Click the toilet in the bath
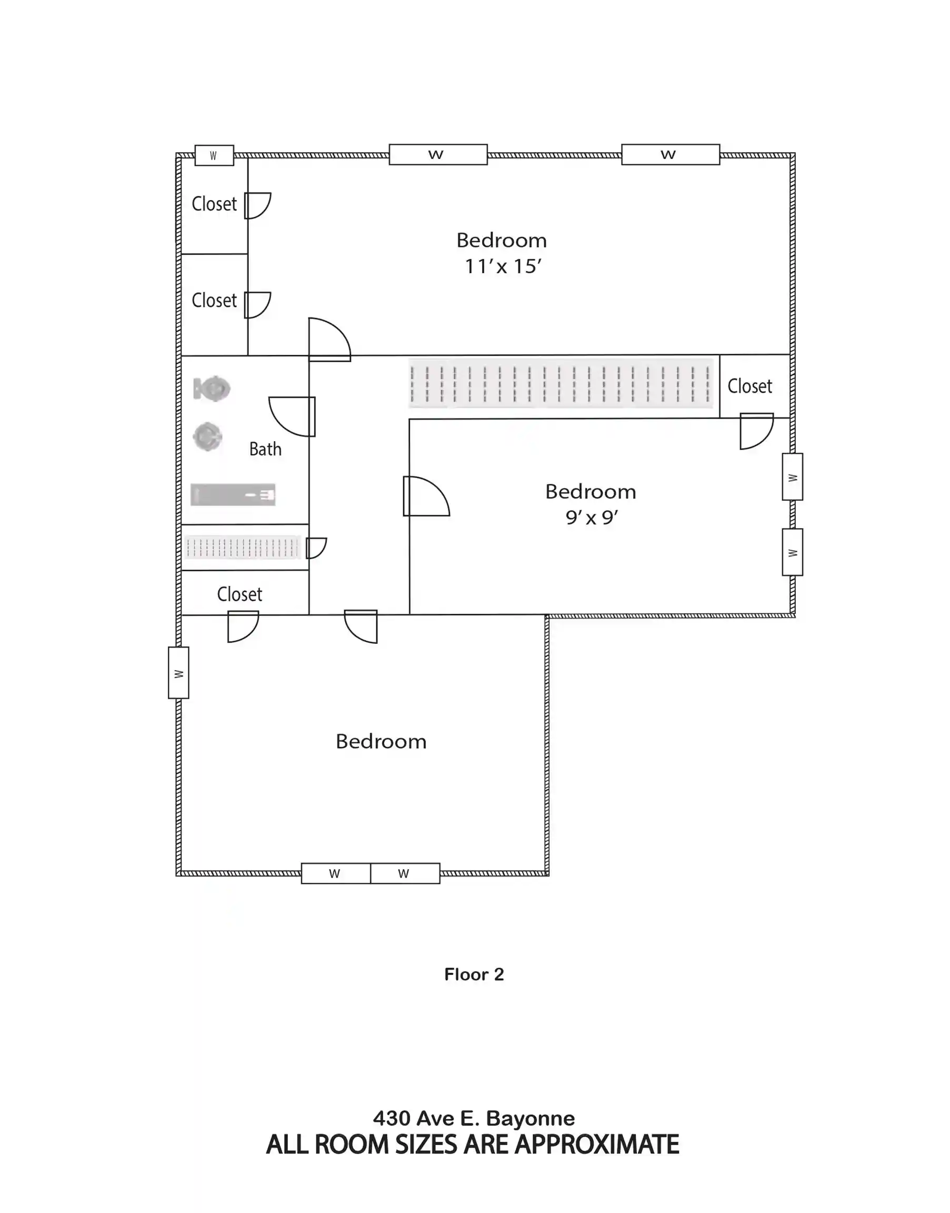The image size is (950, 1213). click(x=212, y=389)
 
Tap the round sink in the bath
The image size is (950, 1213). click(x=207, y=437)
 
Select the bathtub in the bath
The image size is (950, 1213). click(x=233, y=495)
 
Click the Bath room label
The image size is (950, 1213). click(x=265, y=449)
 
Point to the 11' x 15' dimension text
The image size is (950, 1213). click(x=503, y=266)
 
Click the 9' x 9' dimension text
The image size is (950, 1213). click(x=592, y=518)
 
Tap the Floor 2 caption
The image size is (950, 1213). click(x=474, y=974)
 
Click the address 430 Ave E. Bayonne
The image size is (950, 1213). click(x=474, y=1118)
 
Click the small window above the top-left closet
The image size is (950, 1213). click(x=214, y=156)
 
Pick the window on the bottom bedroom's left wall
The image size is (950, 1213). click(x=178, y=673)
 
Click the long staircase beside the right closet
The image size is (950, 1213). click(x=561, y=384)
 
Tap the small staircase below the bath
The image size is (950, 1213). click(x=243, y=548)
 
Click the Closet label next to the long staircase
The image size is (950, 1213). click(x=750, y=386)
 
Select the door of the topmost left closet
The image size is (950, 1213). click(x=257, y=205)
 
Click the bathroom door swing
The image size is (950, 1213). click(x=292, y=417)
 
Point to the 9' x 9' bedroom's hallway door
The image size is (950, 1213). click(x=426, y=496)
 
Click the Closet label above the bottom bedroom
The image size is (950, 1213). click(x=239, y=594)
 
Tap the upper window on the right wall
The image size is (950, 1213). click(x=793, y=477)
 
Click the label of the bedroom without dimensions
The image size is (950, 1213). click(x=381, y=742)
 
